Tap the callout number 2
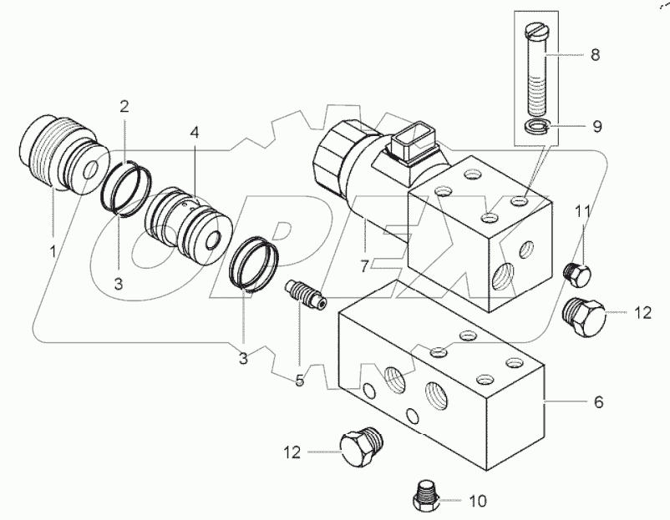pyautogui.click(x=124, y=106)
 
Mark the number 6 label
pyautogui.click(x=598, y=401)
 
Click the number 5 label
pyautogui.click(x=298, y=380)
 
